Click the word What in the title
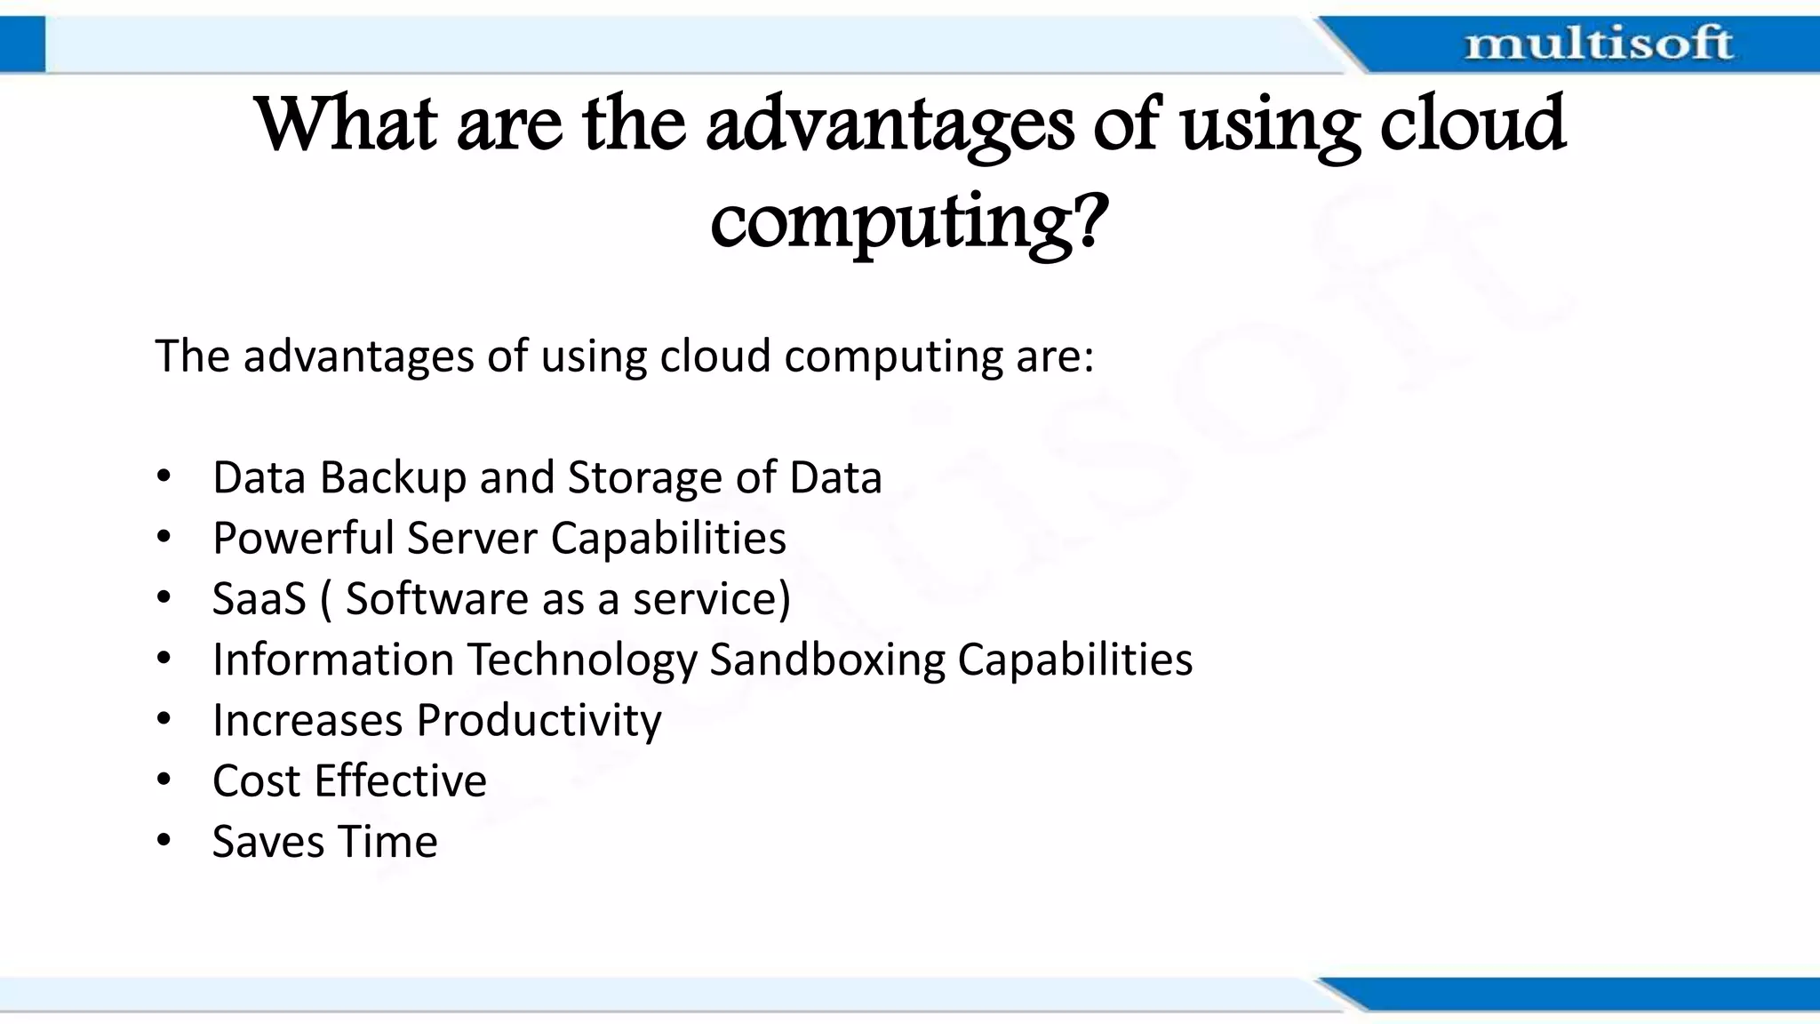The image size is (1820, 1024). (x=347, y=124)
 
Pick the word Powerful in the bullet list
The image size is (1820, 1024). (x=303, y=539)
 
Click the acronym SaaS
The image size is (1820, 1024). (x=259, y=598)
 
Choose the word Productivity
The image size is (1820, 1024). (x=539, y=721)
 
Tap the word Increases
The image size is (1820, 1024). (x=307, y=721)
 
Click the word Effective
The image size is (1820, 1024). (x=401, y=781)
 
